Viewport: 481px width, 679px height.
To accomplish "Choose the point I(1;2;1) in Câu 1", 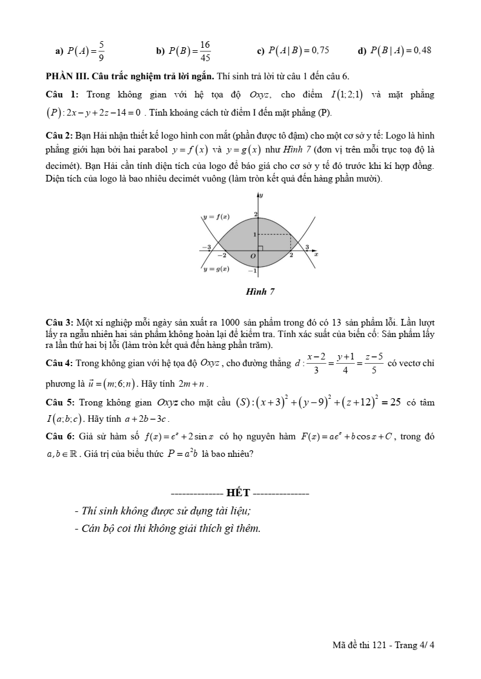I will click(x=347, y=95).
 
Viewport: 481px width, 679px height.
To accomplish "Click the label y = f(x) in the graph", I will click(x=216, y=217).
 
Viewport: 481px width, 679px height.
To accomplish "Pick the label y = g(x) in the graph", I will click(x=216, y=269).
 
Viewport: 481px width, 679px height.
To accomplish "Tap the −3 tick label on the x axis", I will click(x=207, y=247).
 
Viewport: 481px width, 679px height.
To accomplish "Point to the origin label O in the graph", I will click(x=254, y=257).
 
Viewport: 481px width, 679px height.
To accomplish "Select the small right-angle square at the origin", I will click(x=260, y=248).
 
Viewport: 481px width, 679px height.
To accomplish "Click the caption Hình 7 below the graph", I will click(x=260, y=292).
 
